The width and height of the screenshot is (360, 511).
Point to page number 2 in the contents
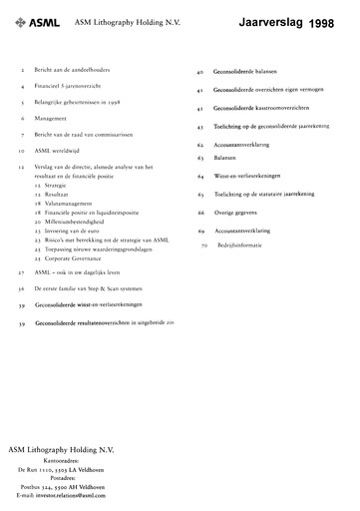(x=23, y=73)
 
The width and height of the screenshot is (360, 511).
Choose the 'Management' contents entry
(x=52, y=117)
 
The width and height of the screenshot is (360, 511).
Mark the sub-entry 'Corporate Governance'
(x=77, y=255)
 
